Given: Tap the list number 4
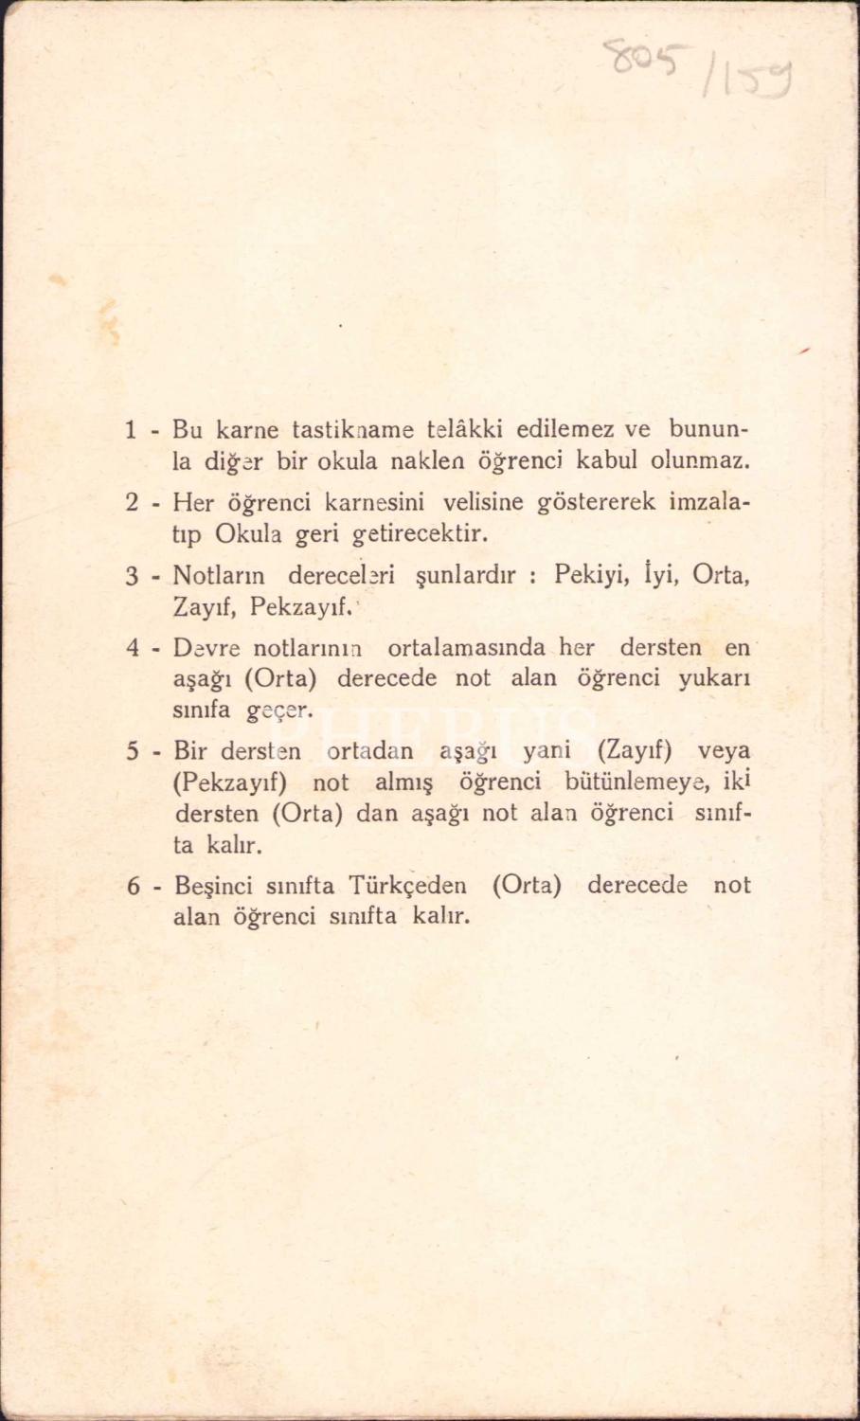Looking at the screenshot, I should [133, 649].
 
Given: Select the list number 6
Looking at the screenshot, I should [133, 887].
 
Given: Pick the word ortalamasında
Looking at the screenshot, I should [466, 648].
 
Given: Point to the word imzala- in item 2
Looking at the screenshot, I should [709, 502].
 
